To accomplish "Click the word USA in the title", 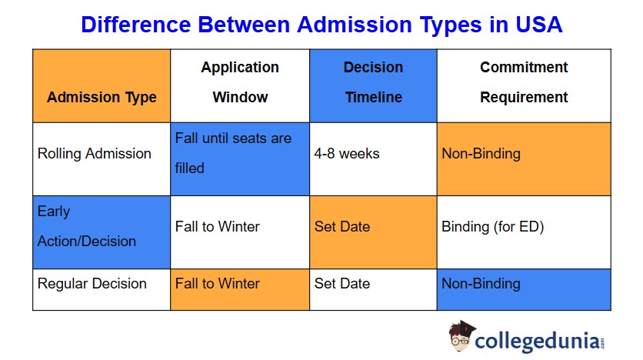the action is (538, 25).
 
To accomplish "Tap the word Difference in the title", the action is (135, 25).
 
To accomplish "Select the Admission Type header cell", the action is (102, 85).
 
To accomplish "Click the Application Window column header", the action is (240, 85).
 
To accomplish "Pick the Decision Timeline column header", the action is (373, 85).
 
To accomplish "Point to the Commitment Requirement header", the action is (524, 85).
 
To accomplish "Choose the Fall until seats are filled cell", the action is (240, 159).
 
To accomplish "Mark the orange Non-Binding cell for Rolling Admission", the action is (524, 159).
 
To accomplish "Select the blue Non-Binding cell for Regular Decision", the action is (524, 289).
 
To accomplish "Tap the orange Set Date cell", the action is (373, 232).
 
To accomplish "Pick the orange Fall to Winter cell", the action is (240, 289).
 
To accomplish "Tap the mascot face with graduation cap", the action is (461, 336).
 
